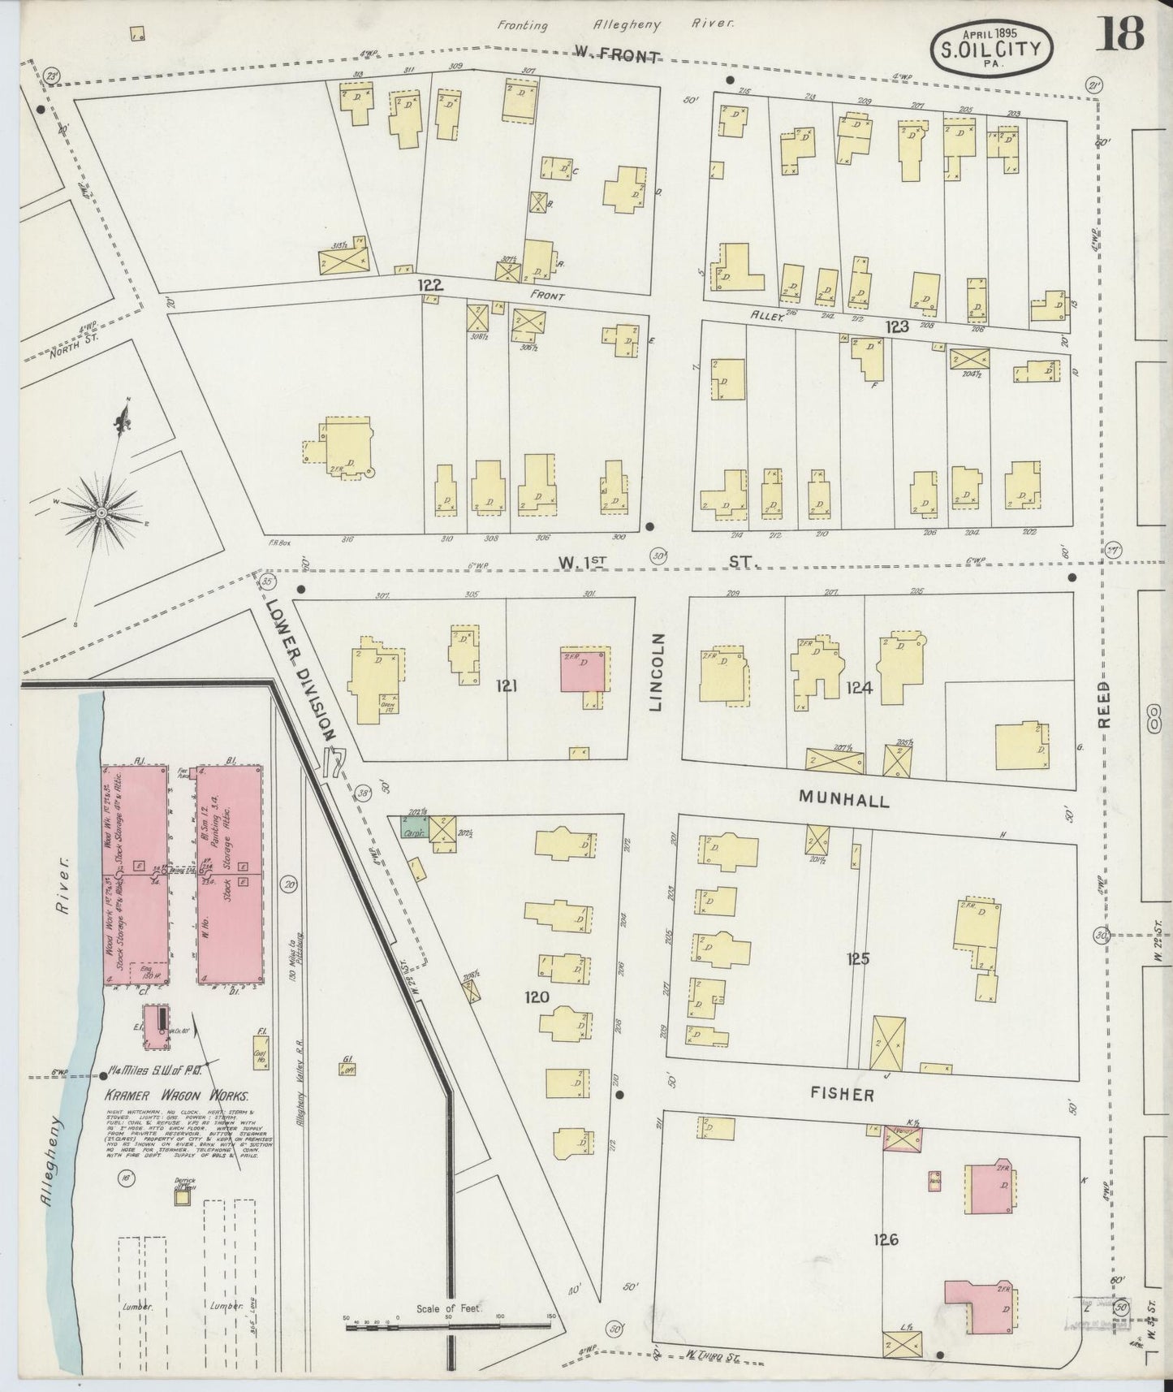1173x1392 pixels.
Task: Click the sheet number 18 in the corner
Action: click(x=1122, y=35)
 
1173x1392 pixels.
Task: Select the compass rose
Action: click(x=101, y=512)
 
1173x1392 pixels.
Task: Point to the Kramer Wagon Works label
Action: click(x=178, y=1095)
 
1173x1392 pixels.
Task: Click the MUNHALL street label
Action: click(x=843, y=800)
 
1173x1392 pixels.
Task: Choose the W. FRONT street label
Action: click(x=616, y=55)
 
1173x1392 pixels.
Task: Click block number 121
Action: click(x=506, y=686)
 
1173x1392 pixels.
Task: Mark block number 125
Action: click(x=858, y=959)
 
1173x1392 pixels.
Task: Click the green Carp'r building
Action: click(x=413, y=828)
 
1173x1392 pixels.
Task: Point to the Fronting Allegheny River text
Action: click(x=616, y=24)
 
